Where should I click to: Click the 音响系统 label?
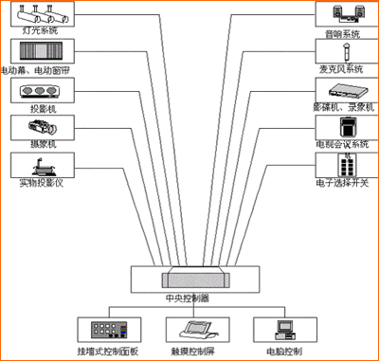[339, 35]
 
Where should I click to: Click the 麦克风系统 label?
[339, 69]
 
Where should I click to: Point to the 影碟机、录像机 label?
[339, 106]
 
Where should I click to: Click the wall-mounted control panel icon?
[102, 331]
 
